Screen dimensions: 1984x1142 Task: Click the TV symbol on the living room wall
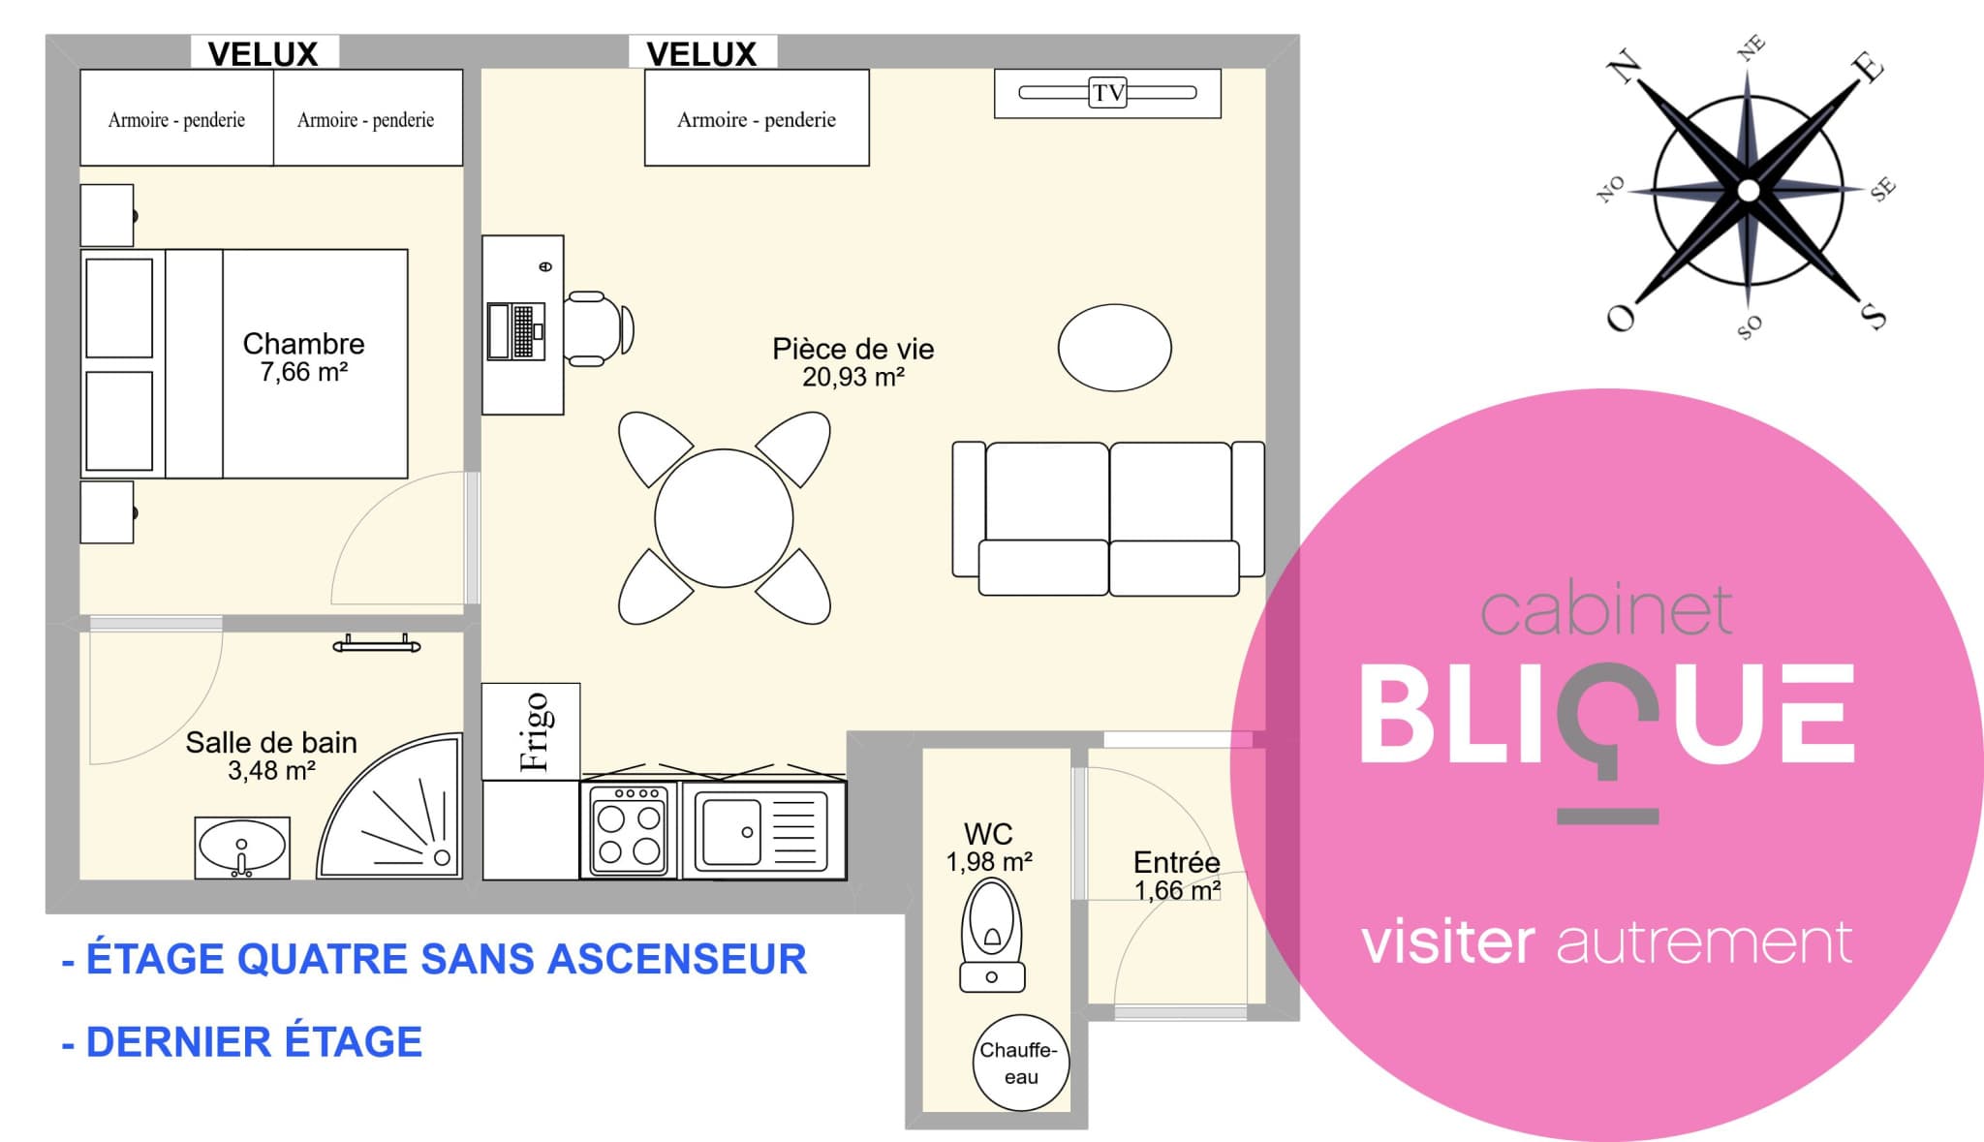click(x=1107, y=93)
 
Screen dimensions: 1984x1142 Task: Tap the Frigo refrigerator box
click(x=531, y=731)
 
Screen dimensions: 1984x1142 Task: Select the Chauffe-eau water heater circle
click(x=1021, y=1063)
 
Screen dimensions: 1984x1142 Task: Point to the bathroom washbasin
click(x=242, y=848)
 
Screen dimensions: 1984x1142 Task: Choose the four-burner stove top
click(x=629, y=830)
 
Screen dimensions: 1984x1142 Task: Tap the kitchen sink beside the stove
click(x=764, y=830)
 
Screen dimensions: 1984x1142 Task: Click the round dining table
click(x=724, y=518)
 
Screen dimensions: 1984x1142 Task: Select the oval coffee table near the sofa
click(x=1114, y=348)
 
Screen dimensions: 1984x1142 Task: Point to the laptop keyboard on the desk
click(x=523, y=331)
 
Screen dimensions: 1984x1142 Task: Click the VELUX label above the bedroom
click(x=263, y=54)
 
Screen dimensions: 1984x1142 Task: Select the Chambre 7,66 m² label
click(x=303, y=356)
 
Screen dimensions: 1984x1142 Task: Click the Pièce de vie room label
click(x=852, y=349)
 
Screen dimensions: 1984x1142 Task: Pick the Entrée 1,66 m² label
click(x=1177, y=876)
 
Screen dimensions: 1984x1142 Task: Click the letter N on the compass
click(x=1625, y=67)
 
